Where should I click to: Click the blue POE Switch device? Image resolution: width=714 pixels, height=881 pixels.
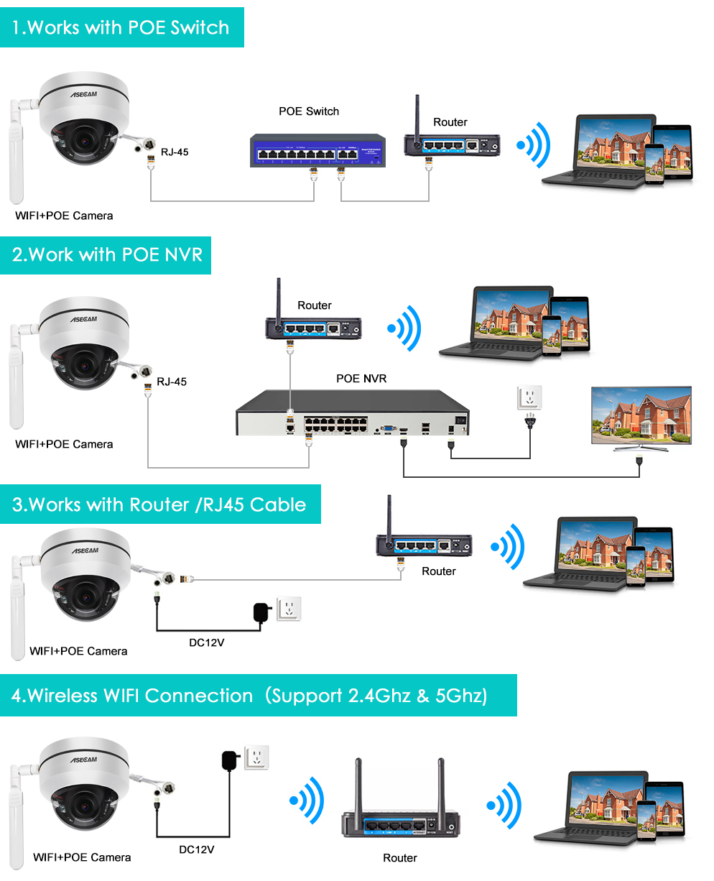pos(317,151)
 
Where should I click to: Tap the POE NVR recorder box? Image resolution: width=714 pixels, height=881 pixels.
pos(352,412)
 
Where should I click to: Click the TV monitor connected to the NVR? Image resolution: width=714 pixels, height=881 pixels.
pos(641,417)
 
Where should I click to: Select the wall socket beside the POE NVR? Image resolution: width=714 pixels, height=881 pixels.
pos(530,397)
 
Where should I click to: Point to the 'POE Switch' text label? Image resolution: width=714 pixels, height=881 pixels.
pos(309,111)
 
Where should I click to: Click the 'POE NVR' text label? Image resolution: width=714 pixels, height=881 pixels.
pos(361,379)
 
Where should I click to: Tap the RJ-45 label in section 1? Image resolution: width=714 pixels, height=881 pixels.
pos(175,152)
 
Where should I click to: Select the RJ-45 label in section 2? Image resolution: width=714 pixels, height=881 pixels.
pos(172,382)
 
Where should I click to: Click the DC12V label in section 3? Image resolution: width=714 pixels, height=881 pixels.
pos(206,642)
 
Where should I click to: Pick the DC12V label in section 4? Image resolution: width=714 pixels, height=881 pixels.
pos(196,849)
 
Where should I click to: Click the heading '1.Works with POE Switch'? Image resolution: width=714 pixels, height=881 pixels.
pos(121,28)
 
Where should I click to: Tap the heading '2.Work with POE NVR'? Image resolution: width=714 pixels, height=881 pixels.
pos(107,255)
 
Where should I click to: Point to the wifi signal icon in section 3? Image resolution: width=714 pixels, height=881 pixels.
pos(508,548)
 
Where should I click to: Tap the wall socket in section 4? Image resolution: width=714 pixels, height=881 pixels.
pos(256,757)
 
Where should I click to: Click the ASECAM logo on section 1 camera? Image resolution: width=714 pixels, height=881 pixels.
pos(83,94)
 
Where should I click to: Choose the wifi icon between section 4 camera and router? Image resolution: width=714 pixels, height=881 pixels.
pos(307,800)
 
